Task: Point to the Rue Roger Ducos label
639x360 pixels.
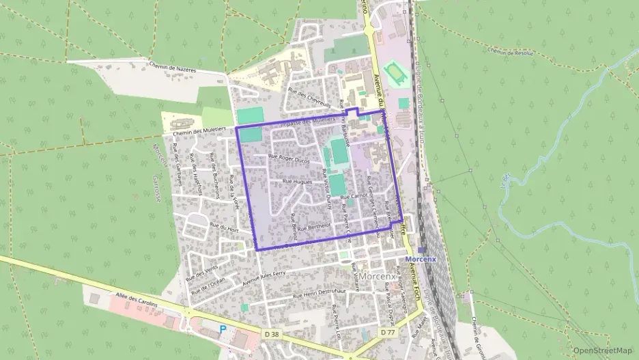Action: click(289, 158)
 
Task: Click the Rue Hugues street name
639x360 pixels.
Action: click(297, 182)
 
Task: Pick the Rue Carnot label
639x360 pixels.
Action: click(354, 195)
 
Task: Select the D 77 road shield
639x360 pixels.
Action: click(388, 333)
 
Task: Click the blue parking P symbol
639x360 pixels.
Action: click(222, 329)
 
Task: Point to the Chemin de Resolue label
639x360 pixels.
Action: click(509, 51)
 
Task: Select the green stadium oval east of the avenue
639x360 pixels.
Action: click(394, 71)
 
